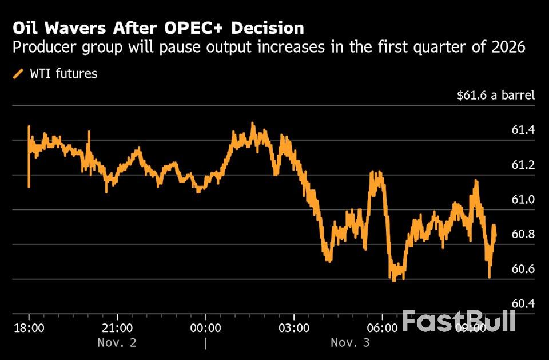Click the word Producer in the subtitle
coord(39,48)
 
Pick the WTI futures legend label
coord(63,74)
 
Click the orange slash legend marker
coord(18,74)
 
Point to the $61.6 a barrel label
coord(496,95)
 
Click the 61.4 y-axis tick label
coord(523,130)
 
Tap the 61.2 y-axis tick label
coord(523,165)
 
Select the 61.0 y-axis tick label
coord(523,200)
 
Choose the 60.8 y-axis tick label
coord(523,235)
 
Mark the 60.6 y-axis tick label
coord(523,269)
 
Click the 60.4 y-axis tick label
coord(523,303)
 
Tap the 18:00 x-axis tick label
coord(29,329)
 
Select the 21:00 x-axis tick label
coord(117,329)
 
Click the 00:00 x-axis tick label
coord(205,329)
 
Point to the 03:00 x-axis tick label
coord(294,329)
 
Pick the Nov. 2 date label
coord(117,343)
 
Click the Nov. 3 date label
coord(350,343)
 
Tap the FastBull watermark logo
coord(459,321)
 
